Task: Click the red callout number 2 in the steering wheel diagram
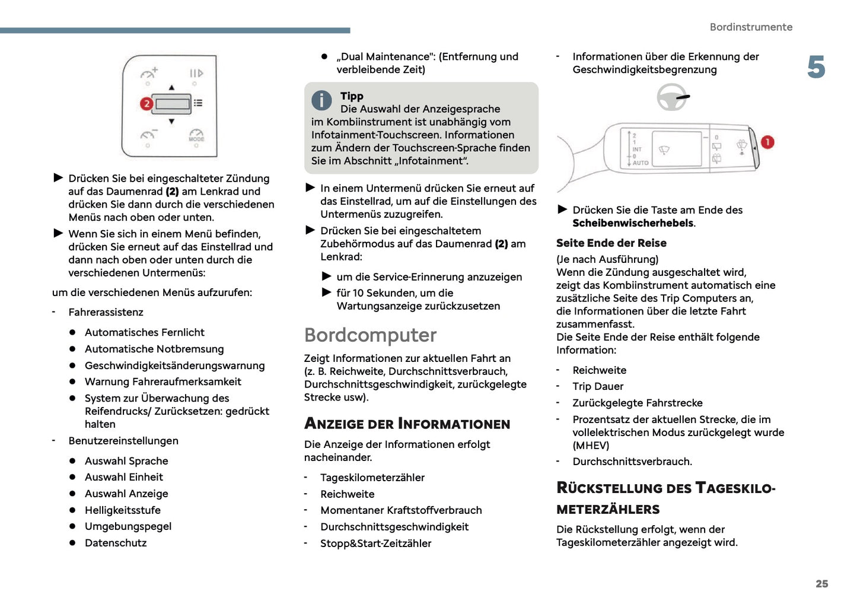(146, 104)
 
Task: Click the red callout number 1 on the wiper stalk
(767, 142)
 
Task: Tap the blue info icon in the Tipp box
(321, 100)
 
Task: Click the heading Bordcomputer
(370, 335)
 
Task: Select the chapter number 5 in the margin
(816, 68)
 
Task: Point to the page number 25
(821, 584)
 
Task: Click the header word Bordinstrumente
(751, 27)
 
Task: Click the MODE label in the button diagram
(196, 139)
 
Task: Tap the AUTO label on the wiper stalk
(641, 163)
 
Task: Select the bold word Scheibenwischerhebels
(633, 223)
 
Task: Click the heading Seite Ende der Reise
(611, 243)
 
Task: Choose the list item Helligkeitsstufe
(122, 510)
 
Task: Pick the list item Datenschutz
(116, 543)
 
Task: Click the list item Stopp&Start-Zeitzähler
(375, 543)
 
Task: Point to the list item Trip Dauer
(598, 386)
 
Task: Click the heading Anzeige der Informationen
(407, 424)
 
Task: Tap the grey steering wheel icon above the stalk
(673, 97)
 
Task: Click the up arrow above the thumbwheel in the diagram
(171, 88)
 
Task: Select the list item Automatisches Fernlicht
(144, 333)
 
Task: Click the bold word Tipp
(352, 96)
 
